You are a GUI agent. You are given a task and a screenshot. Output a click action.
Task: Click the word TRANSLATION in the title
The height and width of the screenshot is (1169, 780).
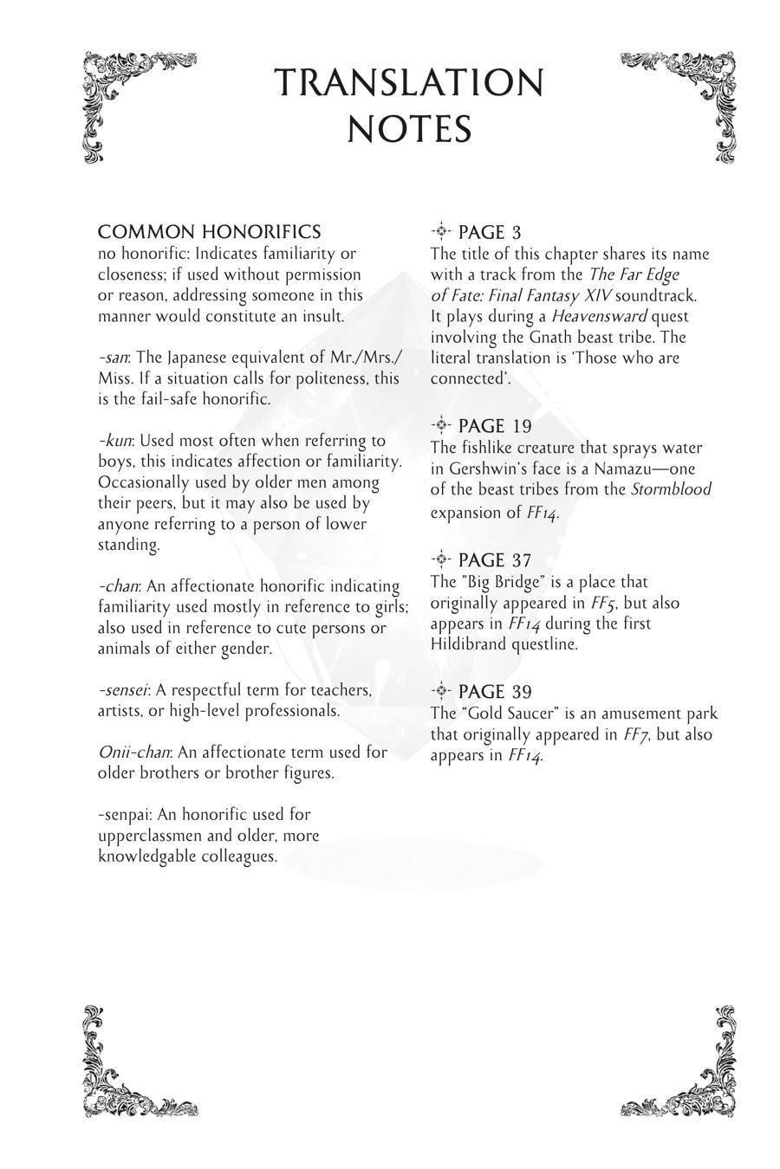(409, 83)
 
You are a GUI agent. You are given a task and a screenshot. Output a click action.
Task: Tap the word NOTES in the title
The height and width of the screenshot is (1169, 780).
(409, 129)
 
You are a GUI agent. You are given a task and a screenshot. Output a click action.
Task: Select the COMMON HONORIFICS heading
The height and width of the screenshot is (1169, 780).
(209, 232)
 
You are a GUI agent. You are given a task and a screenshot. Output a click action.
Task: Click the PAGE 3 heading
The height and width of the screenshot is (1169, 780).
(489, 232)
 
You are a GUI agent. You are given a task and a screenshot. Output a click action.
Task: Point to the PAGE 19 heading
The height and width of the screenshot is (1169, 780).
(494, 426)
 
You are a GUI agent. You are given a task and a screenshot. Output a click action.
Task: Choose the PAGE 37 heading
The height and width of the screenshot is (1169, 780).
(494, 560)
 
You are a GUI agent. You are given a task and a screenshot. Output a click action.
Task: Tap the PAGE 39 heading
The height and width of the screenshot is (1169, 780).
(494, 692)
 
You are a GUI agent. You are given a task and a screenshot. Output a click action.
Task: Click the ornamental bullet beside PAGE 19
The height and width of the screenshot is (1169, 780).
(441, 424)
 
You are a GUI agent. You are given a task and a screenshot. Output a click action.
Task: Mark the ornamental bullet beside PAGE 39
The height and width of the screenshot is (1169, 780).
(441, 690)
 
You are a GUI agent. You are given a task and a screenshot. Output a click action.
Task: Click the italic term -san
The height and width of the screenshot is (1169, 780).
(114, 358)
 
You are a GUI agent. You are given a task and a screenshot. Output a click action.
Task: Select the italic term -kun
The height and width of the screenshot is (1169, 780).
(114, 441)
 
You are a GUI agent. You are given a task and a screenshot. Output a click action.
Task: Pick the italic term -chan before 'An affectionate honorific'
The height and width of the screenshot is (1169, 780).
(118, 586)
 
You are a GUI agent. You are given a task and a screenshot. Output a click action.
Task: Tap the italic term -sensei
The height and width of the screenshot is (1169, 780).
(122, 690)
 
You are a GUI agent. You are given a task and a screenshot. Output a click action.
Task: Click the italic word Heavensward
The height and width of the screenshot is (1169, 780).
(599, 316)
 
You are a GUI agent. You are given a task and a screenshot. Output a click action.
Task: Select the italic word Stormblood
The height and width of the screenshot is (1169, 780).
(671, 489)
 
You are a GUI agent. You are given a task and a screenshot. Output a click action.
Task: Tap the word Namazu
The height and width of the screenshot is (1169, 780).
(629, 468)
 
